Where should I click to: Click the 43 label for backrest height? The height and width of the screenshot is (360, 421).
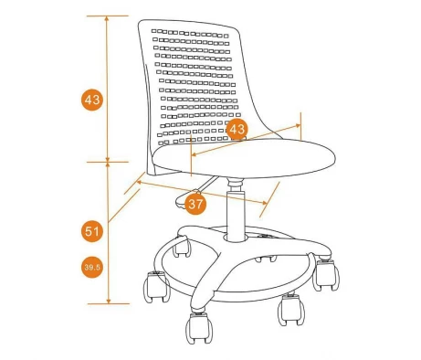pos(92,100)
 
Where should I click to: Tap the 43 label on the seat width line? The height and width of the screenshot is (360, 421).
pos(237,129)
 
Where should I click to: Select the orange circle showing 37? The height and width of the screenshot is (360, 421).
pos(195,204)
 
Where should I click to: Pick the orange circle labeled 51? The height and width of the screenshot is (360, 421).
pos(92,231)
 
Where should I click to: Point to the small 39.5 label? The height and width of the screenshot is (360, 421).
pos(92,268)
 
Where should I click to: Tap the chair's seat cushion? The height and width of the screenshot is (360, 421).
pos(244,158)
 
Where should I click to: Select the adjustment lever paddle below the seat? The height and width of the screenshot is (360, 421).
pos(185,200)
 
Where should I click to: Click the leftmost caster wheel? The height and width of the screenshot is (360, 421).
pos(156,287)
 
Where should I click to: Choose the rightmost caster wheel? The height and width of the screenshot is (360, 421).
pos(326,274)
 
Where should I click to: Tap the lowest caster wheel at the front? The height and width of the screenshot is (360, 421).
pos(199,328)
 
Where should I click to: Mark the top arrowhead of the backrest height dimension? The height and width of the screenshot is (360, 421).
pos(107,18)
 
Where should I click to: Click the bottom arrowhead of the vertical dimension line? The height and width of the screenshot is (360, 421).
pos(109,302)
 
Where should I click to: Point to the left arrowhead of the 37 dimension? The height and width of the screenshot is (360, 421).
pos(139,182)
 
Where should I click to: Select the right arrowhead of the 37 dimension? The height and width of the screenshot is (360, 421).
pos(264,203)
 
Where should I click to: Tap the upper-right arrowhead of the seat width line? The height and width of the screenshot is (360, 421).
pos(298,125)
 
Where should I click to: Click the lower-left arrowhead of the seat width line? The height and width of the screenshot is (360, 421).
pos(194,154)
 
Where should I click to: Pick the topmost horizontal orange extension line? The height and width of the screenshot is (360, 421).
pos(108,16)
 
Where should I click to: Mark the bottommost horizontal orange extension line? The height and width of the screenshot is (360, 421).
pos(109,303)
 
